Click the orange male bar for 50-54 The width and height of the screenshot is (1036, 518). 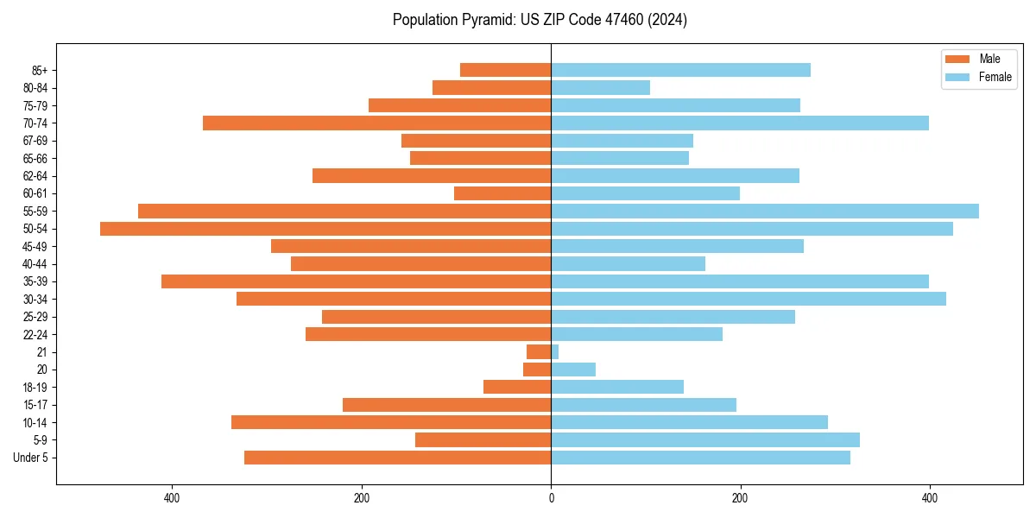[325, 229]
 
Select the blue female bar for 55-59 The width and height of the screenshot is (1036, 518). [765, 211]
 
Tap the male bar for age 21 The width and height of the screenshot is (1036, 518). [540, 352]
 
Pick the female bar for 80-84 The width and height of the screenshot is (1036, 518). [600, 87]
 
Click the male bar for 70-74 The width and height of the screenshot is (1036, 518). [377, 123]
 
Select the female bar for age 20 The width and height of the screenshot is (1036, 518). [573, 370]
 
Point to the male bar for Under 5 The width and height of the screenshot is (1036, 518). [398, 458]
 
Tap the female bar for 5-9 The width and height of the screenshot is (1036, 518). [705, 440]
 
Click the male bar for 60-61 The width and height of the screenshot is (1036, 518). [502, 193]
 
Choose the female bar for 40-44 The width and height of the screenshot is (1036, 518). [628, 264]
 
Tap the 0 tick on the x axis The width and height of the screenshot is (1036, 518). [551, 498]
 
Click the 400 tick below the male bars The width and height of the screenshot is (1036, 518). [172, 498]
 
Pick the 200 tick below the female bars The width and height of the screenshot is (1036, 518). [740, 498]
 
